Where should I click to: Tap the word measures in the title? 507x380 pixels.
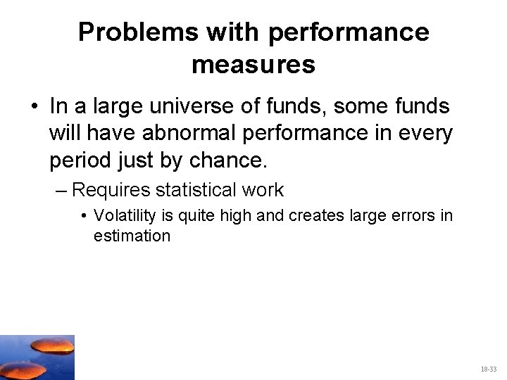pos(254,65)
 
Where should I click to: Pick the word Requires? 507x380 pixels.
pos(111,190)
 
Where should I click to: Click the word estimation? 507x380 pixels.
pos(132,236)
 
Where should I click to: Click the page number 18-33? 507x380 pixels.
pos(488,369)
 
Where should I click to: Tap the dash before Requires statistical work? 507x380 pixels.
pos(63,190)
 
